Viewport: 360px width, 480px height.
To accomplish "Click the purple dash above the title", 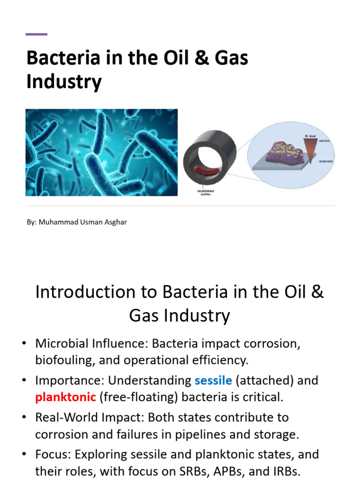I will (36, 34).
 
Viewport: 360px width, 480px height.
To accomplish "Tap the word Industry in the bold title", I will (64, 82).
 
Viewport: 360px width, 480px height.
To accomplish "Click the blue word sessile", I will (213, 380).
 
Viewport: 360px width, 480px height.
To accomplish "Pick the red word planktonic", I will (65, 397).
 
